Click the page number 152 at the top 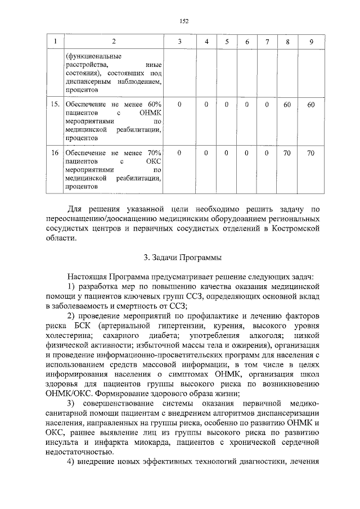[x=183, y=21]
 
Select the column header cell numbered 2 [x=114, y=42]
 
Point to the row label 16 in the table [x=54, y=153]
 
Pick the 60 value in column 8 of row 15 [x=287, y=105]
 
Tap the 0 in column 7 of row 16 [x=267, y=153]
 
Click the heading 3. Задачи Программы [x=183, y=258]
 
